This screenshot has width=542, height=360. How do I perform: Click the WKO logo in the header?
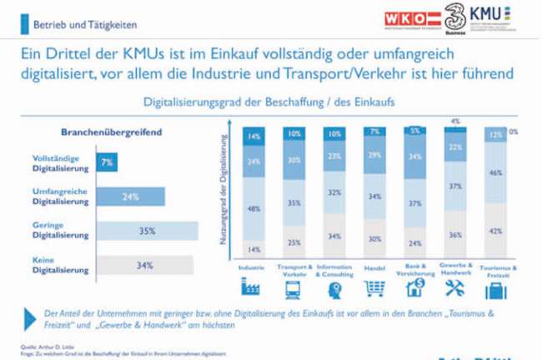click(x=414, y=17)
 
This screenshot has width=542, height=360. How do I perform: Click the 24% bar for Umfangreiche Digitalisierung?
click(x=129, y=197)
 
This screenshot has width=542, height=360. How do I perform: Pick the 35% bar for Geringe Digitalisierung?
click(x=147, y=231)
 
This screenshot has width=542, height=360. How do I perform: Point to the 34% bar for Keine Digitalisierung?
click(x=145, y=266)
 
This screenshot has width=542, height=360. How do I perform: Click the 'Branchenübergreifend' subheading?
click(x=111, y=132)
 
